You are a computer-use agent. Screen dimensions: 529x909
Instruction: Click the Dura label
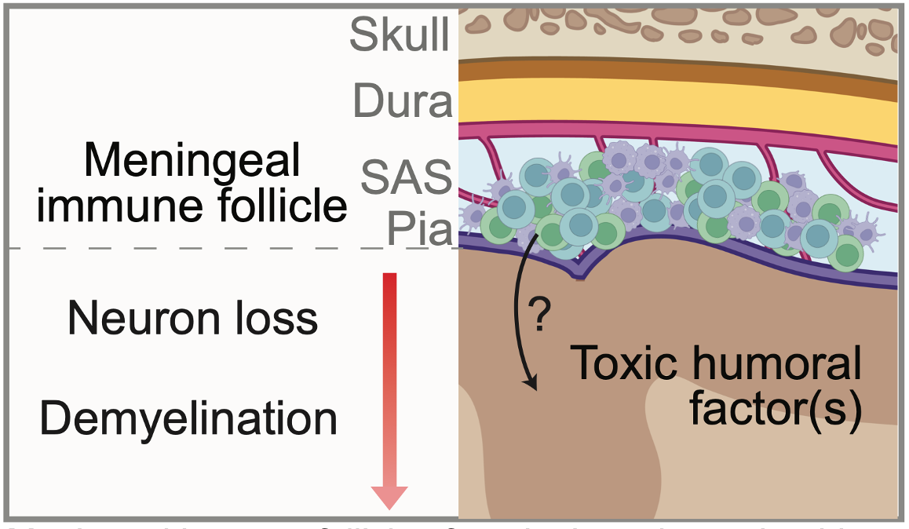pos(403,101)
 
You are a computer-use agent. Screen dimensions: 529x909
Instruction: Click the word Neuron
pos(126,319)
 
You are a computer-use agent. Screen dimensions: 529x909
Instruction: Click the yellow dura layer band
pos(675,105)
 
